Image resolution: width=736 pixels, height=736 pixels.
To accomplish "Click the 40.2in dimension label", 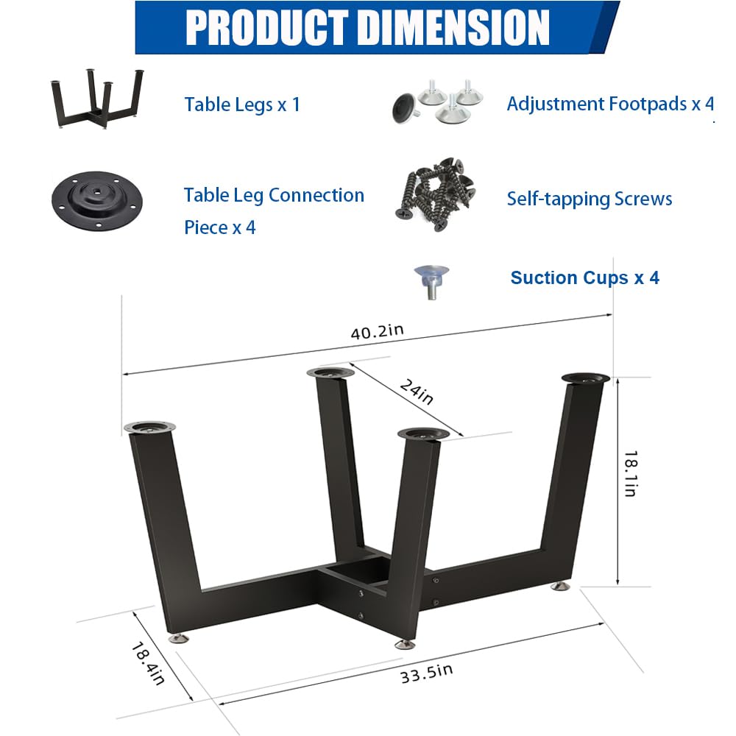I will click(377, 331).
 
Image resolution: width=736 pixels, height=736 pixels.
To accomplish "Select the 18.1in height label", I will click(629, 473).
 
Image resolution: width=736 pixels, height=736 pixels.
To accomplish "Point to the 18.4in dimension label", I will click(147, 663).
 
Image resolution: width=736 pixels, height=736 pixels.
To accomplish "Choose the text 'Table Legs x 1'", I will click(242, 105).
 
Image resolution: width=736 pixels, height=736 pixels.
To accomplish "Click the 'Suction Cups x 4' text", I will click(584, 277).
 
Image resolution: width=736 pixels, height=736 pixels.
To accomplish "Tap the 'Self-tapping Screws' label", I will click(589, 199).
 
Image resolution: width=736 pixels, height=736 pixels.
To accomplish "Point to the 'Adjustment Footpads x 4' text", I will click(610, 104).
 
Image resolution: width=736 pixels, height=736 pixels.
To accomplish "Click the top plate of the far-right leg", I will click(586, 378).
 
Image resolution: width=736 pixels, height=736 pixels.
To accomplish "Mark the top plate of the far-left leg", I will click(150, 428).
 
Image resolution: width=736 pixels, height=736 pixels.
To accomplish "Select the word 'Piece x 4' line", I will click(219, 227).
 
